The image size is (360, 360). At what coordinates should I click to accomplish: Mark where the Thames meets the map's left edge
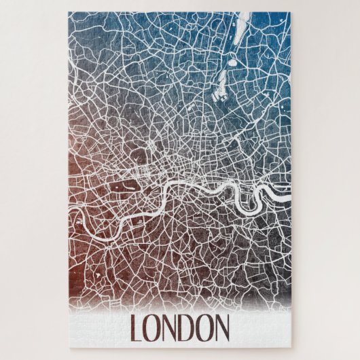pyautogui.click(x=70, y=215)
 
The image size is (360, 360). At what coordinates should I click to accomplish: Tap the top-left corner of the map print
pyautogui.click(x=69, y=13)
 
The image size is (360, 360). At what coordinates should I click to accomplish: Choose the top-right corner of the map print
pyautogui.click(x=291, y=13)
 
